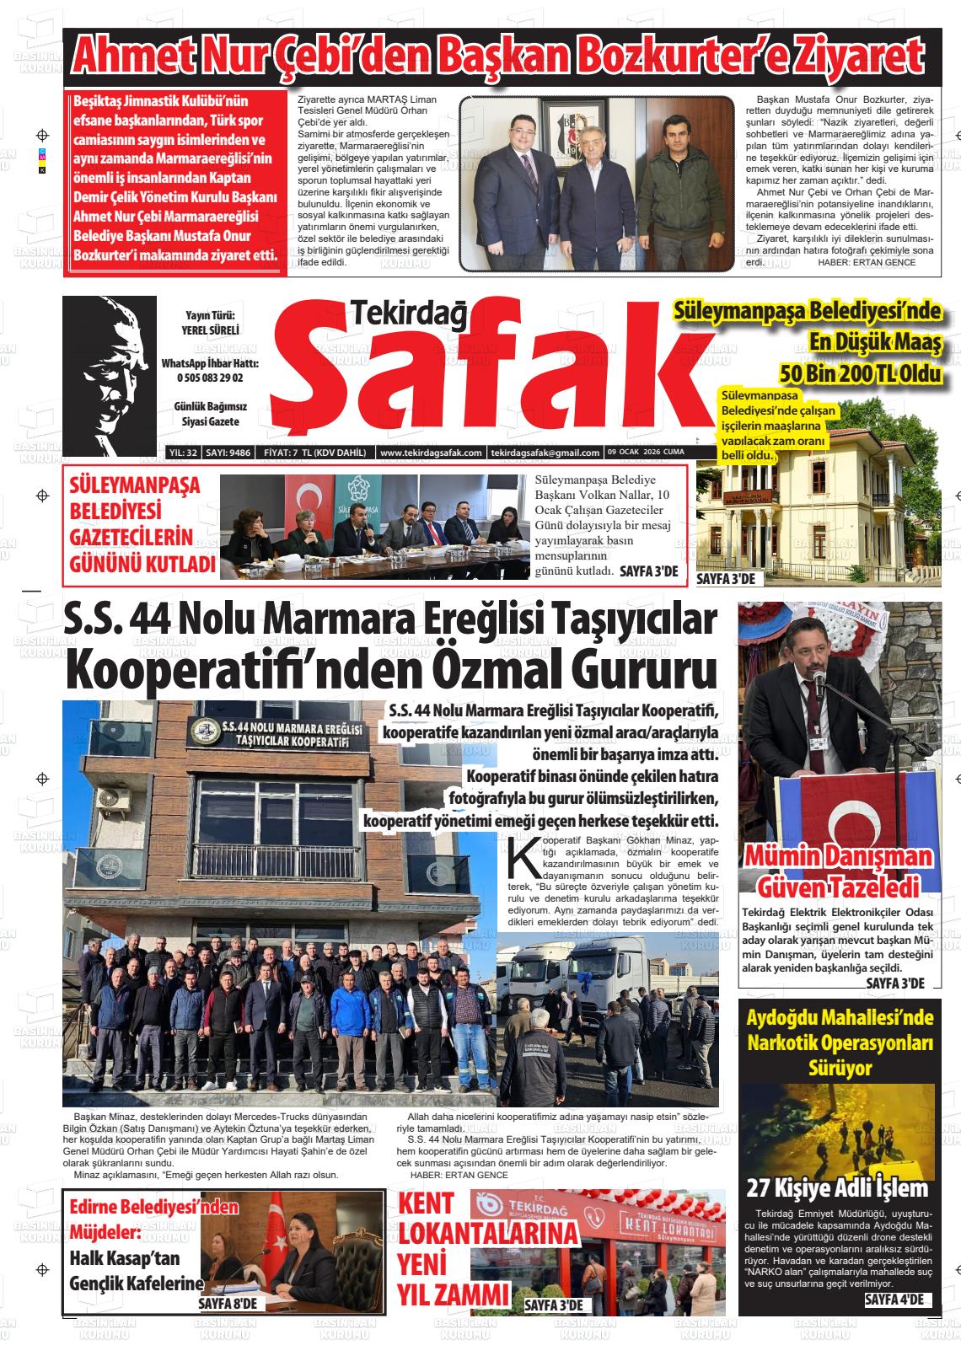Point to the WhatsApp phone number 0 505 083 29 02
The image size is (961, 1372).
point(210,378)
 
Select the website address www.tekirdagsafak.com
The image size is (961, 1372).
point(431,453)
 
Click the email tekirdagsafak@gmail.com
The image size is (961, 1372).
point(545,453)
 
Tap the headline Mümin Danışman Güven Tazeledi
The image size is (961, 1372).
point(839,871)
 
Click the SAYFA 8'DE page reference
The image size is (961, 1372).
point(232,1304)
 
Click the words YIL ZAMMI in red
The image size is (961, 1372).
point(454,1294)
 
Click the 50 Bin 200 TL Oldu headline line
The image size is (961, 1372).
point(860,372)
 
